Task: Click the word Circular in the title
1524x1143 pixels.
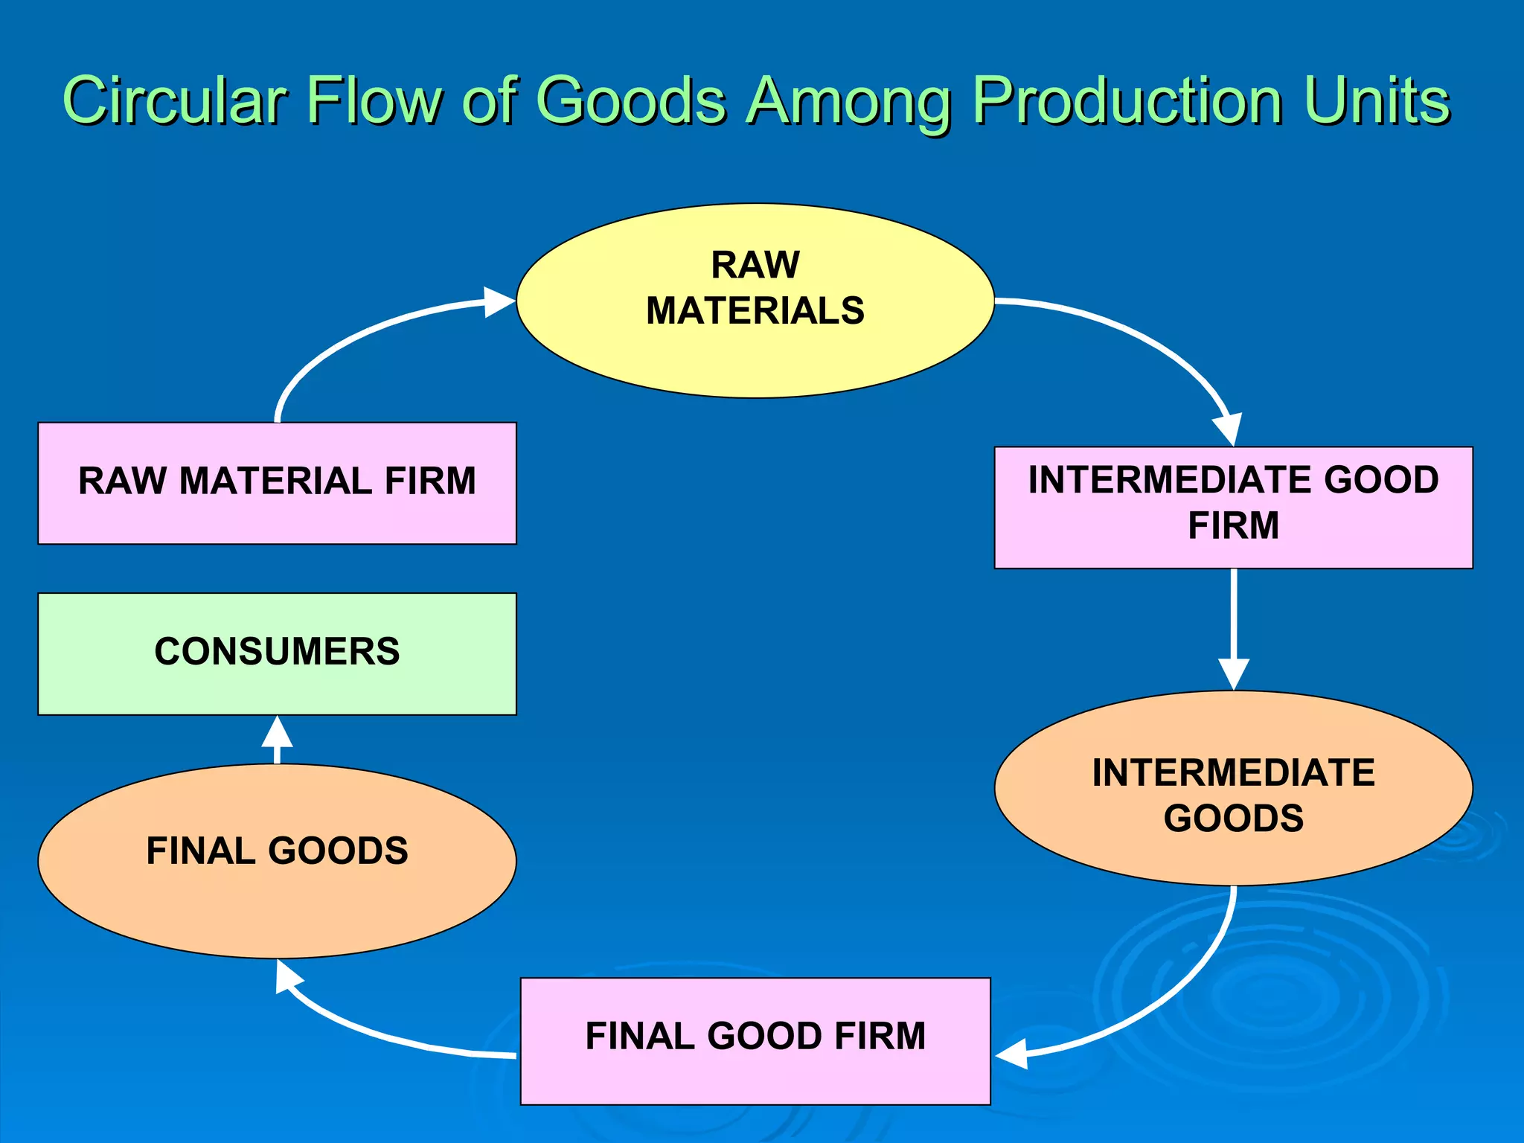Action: click(176, 100)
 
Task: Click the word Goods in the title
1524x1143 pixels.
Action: click(630, 100)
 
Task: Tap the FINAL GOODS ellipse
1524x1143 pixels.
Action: click(277, 900)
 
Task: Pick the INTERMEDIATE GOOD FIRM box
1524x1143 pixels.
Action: click(1233, 551)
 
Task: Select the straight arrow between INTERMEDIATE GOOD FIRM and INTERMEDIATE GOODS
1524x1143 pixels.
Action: click(1234, 618)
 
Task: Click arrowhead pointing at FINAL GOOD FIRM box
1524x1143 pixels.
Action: click(1012, 1054)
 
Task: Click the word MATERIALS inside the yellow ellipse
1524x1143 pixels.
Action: click(755, 310)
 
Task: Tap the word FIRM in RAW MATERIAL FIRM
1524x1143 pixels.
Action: click(430, 481)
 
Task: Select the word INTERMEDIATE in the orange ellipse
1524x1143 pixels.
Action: click(1233, 772)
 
